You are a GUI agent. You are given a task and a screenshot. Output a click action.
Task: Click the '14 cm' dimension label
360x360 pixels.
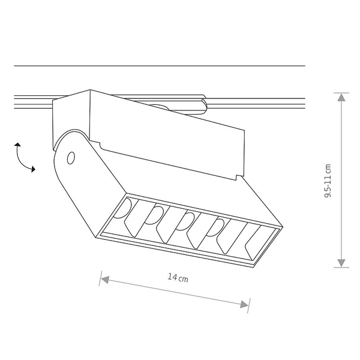coord(178,278)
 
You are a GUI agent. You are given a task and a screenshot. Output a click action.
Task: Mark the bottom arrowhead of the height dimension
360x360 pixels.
coord(341,263)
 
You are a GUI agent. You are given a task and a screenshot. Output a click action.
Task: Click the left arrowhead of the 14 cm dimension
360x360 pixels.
coord(103,278)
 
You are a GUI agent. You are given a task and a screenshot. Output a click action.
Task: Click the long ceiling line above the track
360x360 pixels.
coord(159,65)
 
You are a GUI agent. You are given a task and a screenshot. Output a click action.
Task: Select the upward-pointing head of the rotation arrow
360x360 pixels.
coord(18,145)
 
